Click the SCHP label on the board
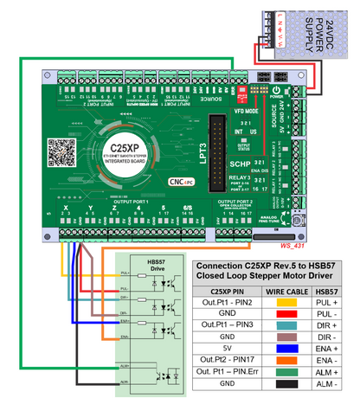[240, 162]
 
